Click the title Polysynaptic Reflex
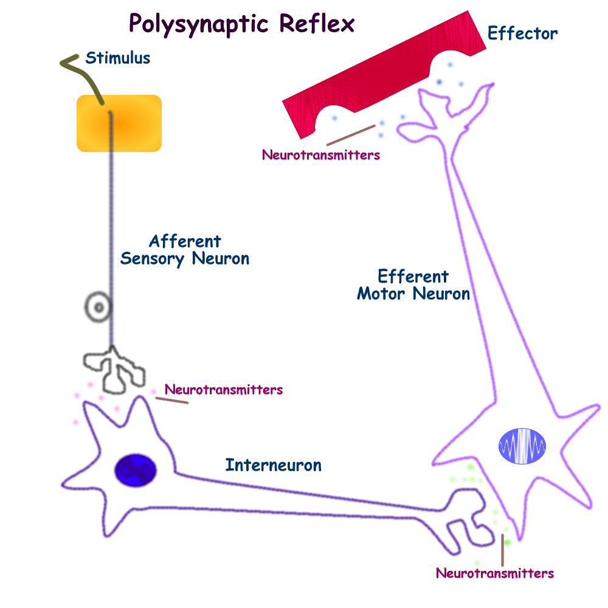click(241, 24)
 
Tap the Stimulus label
click(117, 58)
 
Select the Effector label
click(522, 33)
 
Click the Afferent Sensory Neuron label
click(185, 250)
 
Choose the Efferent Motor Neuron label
click(413, 285)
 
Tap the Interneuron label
click(273, 466)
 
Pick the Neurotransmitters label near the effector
click(320, 155)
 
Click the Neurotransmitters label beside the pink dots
click(223, 389)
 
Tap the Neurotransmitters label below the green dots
click(495, 573)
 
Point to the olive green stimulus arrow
click(82, 75)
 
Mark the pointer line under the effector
click(350, 136)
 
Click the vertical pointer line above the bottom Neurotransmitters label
click(502, 550)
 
